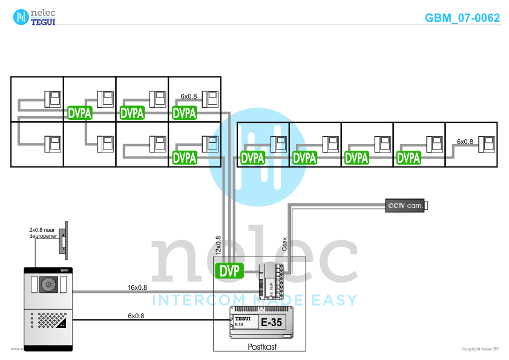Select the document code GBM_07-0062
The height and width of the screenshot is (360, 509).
click(x=462, y=18)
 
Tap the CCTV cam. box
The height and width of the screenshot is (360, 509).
click(x=406, y=206)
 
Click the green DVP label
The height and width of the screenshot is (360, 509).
click(x=229, y=270)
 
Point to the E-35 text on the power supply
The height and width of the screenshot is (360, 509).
click(x=271, y=322)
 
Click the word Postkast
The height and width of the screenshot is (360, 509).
click(x=263, y=347)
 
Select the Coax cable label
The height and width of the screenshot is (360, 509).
click(x=285, y=243)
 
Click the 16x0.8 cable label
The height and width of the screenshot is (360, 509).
click(x=137, y=287)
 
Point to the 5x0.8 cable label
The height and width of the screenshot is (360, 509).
click(x=136, y=316)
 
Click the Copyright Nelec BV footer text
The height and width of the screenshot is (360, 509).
click(x=480, y=349)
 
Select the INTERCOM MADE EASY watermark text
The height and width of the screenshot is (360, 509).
click(x=254, y=299)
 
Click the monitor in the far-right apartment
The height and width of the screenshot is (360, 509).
click(x=487, y=145)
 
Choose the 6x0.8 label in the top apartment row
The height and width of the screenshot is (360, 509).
click(x=189, y=96)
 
